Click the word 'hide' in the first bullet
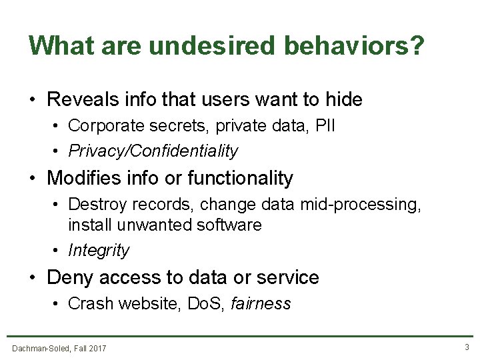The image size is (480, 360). coord(344,100)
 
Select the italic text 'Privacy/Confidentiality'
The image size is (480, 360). coord(153,151)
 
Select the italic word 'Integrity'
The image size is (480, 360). coord(99,251)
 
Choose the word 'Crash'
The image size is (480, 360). coord(91,304)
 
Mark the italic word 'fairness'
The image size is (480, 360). coord(261,304)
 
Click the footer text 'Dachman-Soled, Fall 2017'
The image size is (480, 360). coord(59,347)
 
